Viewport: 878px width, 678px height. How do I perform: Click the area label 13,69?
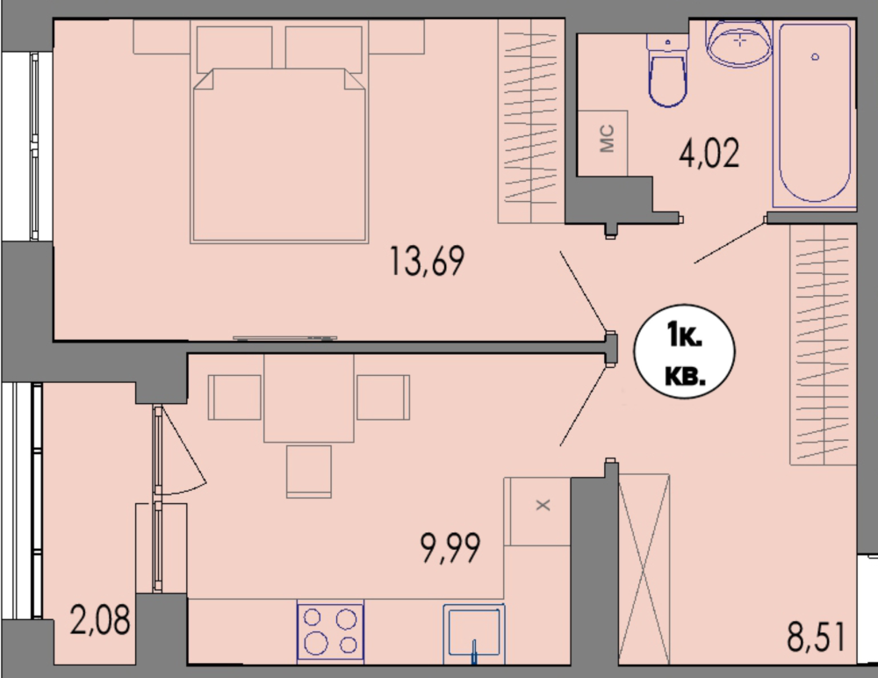[427, 261]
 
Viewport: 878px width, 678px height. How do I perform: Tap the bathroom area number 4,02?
[709, 153]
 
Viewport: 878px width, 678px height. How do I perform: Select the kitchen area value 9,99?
[450, 548]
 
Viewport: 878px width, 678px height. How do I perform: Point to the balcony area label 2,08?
[100, 620]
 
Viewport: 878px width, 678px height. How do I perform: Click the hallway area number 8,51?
[816, 637]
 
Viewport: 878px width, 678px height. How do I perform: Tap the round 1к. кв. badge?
[684, 352]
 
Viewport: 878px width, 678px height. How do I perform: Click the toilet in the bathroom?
[667, 69]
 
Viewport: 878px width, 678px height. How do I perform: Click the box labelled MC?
[602, 143]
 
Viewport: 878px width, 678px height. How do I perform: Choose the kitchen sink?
[474, 634]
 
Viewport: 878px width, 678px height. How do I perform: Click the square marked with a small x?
[537, 511]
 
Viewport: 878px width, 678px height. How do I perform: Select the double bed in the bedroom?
[279, 155]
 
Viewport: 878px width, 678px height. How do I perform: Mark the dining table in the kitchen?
[309, 398]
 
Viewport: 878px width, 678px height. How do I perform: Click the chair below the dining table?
[309, 472]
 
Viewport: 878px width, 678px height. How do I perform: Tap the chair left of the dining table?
[234, 397]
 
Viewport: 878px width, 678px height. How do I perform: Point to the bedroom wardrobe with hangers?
[531, 121]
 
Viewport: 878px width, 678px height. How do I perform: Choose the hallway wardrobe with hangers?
[824, 344]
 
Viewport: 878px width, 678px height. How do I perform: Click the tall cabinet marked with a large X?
[644, 569]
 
